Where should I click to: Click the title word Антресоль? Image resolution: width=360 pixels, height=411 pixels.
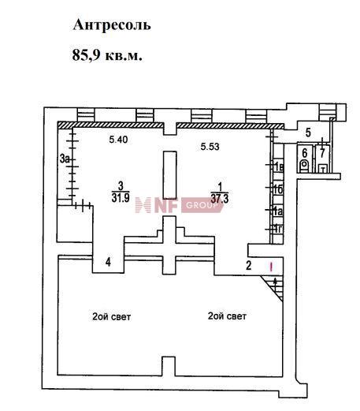(112, 25)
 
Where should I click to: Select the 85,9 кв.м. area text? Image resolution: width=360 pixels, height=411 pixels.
(107, 55)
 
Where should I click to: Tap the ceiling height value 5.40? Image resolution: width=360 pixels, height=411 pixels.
(118, 140)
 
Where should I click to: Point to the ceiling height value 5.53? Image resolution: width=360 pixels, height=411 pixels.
(210, 147)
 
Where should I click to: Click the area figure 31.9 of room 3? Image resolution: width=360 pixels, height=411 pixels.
(121, 197)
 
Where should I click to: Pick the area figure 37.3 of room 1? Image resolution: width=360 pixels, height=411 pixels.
(220, 199)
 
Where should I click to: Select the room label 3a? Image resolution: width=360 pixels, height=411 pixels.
(65, 159)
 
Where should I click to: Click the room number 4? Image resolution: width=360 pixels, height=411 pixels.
(108, 262)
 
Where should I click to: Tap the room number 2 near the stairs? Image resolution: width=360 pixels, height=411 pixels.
(248, 265)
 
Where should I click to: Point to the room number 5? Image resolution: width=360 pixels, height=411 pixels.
(308, 133)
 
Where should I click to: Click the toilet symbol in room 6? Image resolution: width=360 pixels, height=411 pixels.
(305, 165)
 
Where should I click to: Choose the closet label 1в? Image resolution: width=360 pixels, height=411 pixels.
(278, 167)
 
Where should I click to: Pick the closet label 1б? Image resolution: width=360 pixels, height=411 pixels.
(278, 189)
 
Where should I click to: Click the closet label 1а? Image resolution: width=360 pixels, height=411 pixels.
(278, 211)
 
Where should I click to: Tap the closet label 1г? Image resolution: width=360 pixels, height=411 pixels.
(278, 229)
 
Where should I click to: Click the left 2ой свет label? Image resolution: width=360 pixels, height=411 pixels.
(111, 316)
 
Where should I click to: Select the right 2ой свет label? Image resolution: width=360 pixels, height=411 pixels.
(227, 316)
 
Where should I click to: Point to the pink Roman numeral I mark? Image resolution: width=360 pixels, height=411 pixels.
(271, 267)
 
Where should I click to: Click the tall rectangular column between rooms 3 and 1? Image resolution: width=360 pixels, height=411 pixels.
(169, 175)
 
